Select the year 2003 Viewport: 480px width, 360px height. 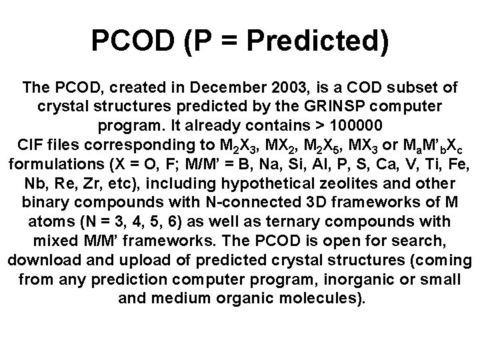coord(289,88)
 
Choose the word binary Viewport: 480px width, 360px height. coord(43,202)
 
